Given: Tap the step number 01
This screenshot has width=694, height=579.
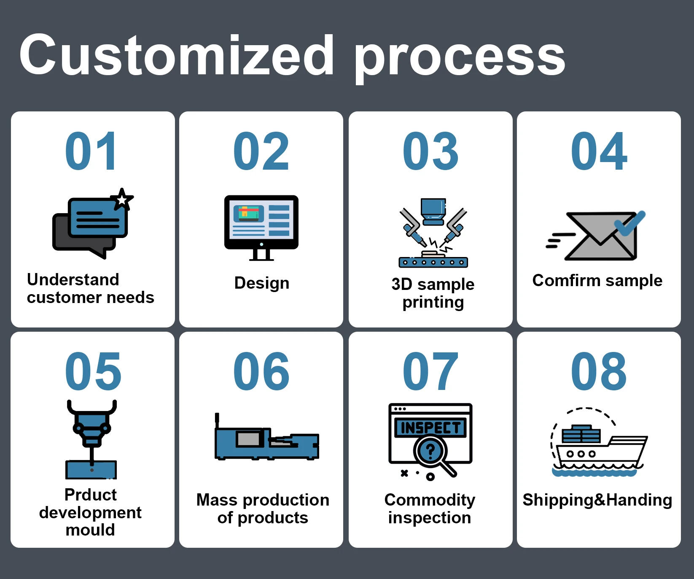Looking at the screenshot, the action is [91, 151].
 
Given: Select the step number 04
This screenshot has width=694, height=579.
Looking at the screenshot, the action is [599, 151].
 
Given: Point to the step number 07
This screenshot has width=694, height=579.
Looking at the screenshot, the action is [430, 371].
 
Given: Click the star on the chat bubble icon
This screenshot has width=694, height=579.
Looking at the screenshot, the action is [122, 199].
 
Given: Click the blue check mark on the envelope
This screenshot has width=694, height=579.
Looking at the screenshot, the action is [629, 222].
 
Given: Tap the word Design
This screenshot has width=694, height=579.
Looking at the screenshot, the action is [262, 283].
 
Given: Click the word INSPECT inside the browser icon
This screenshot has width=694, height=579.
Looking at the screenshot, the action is [430, 428].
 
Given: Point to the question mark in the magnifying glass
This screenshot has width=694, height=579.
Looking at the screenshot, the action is [430, 451].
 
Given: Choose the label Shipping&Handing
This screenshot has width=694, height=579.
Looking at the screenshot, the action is [597, 500].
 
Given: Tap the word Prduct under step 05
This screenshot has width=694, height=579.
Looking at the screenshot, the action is [91, 495].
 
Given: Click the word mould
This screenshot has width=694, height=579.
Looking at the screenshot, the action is [90, 530].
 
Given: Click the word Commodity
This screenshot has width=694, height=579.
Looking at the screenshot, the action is [430, 500].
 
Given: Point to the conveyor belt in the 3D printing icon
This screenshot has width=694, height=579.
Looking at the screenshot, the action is [433, 262].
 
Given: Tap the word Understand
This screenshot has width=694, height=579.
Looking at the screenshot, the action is [73, 279].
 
